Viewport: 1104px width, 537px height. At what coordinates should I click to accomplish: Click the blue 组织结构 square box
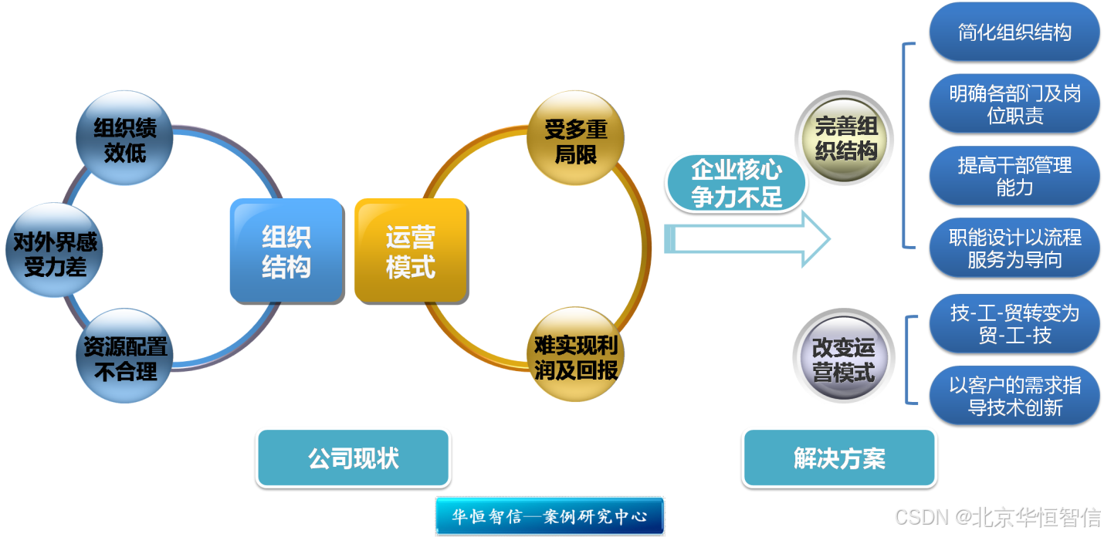tap(286, 250)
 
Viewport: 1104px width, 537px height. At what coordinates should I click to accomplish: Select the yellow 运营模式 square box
tap(410, 250)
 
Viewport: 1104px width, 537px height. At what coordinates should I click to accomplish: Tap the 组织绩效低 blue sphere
tap(124, 139)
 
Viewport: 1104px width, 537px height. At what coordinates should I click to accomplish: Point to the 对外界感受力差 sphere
tap(54, 252)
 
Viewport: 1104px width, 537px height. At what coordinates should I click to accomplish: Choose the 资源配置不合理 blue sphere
tap(125, 357)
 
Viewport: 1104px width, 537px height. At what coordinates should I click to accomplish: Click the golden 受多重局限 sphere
tap(575, 139)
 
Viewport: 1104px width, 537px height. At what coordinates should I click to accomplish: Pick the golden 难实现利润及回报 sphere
tap(575, 356)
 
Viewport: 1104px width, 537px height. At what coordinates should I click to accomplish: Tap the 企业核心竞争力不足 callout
tap(736, 183)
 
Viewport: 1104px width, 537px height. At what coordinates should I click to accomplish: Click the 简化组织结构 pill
tap(1014, 32)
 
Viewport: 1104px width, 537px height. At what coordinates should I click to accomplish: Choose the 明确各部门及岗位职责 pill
tap(1014, 104)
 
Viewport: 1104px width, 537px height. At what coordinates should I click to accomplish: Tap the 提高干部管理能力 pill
tap(1014, 176)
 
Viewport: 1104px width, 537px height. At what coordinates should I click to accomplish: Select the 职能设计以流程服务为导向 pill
tap(1014, 248)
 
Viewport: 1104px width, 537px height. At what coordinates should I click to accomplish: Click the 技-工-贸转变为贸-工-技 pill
tap(1014, 324)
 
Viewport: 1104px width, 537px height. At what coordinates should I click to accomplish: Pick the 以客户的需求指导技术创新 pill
tap(1014, 396)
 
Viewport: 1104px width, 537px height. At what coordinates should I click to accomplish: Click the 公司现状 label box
tap(353, 458)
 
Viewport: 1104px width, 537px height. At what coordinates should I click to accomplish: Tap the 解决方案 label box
tap(839, 458)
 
